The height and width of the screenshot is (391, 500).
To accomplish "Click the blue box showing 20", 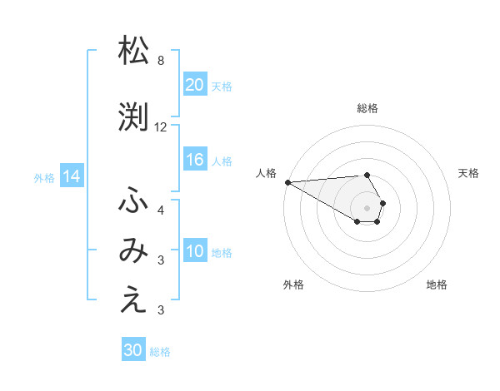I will coord(194,84).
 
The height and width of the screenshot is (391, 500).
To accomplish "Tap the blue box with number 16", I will coord(194,160).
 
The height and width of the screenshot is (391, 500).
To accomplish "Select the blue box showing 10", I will coord(194,251).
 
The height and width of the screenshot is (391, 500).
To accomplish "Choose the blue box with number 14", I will coord(72,176).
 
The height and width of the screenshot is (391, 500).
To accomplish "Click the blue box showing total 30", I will coord(132,350).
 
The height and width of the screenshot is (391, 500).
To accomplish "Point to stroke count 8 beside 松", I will coord(160,61).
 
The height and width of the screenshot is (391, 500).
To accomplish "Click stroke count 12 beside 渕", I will coord(161,127).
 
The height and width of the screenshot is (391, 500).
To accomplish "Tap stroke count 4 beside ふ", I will coord(160,210).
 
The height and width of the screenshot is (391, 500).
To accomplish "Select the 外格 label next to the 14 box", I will coord(44,177).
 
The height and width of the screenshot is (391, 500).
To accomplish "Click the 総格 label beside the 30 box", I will coord(160,352).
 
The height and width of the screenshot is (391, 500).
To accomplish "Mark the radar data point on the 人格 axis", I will coord(287,182).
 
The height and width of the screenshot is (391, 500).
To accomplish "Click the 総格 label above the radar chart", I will coord(367,108).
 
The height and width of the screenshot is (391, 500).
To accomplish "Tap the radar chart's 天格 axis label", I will coord(469,173).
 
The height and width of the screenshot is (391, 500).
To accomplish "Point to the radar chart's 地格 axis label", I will coord(437,285).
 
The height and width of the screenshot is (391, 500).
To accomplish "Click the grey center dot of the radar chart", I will coord(367,207).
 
